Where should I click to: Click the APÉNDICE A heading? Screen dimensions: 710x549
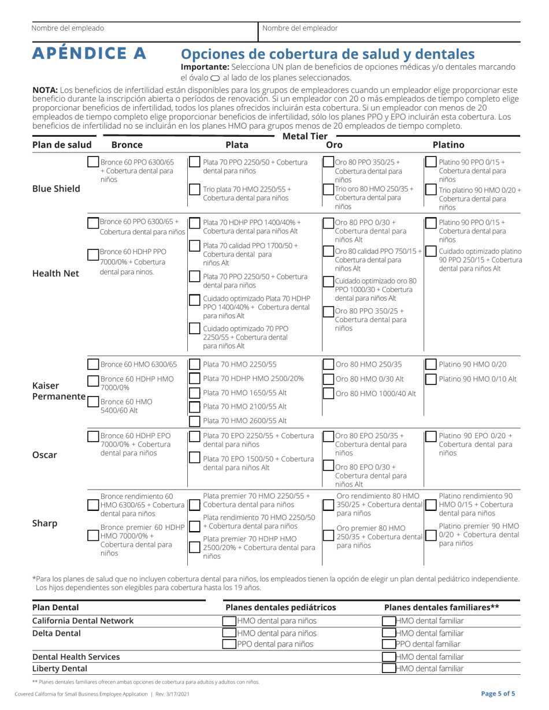pos(89,53)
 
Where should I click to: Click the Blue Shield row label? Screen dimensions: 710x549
pos(55,188)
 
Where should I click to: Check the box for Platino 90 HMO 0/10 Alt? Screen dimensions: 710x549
pos(430,379)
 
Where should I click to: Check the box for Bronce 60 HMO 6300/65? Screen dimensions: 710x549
pos(93,365)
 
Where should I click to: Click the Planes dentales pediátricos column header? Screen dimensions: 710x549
pos(280,607)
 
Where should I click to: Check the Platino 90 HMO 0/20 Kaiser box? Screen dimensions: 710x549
pos(430,364)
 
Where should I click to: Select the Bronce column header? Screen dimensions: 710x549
pos(128,145)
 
